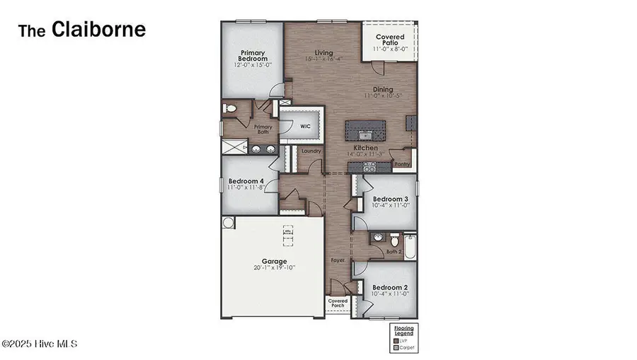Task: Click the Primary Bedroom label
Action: coord(252,56)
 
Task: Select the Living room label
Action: coord(323,53)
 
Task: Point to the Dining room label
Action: coord(384,90)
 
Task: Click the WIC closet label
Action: coord(305,127)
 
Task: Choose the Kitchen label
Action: coord(366,148)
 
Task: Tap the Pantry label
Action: coord(402,163)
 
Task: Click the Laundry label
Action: coord(311,151)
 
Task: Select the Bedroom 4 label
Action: coord(247,181)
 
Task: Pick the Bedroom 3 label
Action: coord(391,199)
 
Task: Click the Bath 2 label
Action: coord(394,251)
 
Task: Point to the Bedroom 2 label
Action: coord(391,288)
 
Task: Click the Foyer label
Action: coord(338,260)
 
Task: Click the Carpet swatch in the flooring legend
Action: coord(396,348)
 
